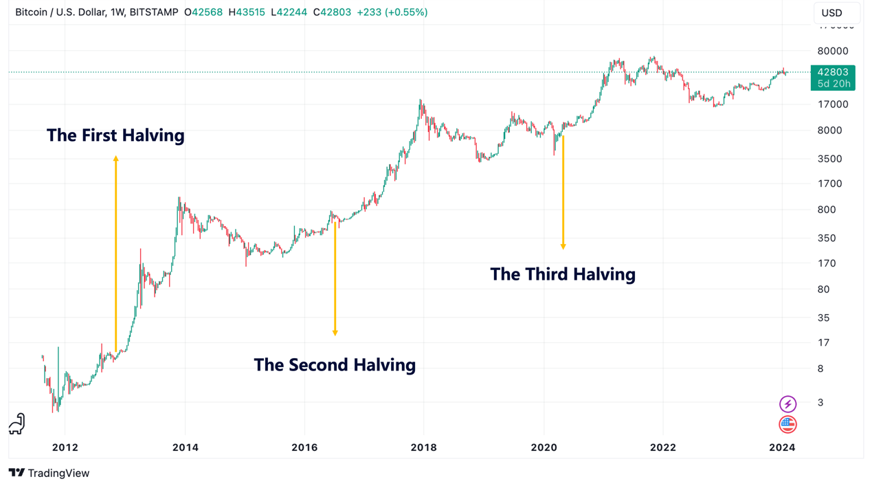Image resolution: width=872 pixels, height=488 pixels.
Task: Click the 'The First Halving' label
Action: [x=115, y=135]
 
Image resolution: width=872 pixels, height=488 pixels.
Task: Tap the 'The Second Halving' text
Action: [x=335, y=364]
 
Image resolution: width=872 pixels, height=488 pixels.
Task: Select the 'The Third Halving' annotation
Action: [x=562, y=274]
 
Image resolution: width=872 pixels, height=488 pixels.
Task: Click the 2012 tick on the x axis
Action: [x=65, y=447]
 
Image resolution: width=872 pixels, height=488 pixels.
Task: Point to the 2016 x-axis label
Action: [x=304, y=447]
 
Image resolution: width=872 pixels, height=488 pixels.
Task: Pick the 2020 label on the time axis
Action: [x=544, y=447]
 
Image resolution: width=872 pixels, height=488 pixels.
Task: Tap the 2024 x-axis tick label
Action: [x=782, y=447]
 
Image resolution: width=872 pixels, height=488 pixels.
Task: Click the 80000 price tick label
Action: [x=832, y=51]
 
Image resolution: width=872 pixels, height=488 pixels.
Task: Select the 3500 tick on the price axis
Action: [x=829, y=159]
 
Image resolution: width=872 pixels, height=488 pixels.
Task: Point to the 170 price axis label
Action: [x=827, y=263]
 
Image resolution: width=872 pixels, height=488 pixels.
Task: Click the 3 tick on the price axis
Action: [x=820, y=403]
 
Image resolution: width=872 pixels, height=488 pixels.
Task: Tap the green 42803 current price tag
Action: [x=833, y=77]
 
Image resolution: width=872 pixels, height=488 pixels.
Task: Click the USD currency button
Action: [x=831, y=13]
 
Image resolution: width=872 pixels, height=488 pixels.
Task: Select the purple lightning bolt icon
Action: [x=787, y=403]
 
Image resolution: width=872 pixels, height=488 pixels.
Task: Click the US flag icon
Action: [x=787, y=424]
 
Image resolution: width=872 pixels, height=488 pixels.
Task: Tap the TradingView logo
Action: [x=49, y=473]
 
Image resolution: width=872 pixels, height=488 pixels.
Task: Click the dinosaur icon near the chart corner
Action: [x=17, y=424]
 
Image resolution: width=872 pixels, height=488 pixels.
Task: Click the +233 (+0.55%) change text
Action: [x=392, y=12]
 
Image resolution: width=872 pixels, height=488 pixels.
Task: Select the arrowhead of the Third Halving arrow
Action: [x=563, y=246]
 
